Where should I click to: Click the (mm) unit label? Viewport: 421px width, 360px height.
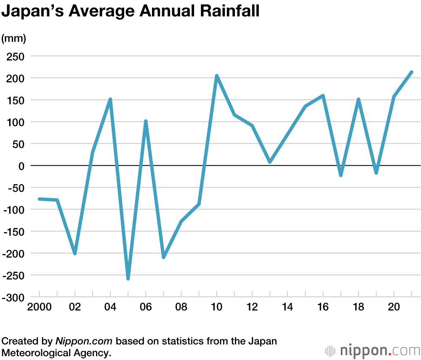point(14,39)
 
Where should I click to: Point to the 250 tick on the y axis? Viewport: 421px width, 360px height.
point(16,56)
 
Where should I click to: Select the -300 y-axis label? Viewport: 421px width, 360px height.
point(14,297)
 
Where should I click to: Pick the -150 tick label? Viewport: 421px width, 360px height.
point(14,232)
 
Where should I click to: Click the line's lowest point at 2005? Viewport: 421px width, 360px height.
point(128,278)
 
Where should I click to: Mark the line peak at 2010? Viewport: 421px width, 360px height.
point(216,76)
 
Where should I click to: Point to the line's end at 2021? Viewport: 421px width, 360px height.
point(411,72)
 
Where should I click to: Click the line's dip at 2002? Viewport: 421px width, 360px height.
point(75,254)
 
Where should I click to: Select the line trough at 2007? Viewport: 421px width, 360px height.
point(163,257)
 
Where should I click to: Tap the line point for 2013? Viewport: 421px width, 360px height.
point(270,161)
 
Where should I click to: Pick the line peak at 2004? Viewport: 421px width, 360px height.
point(110,99)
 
